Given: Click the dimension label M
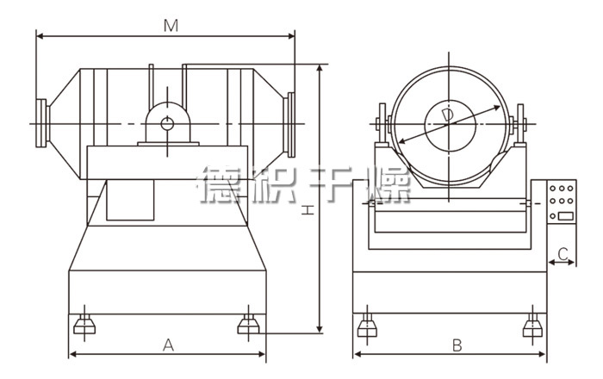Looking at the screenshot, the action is click(171, 26).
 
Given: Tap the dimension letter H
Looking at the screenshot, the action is click(308, 210).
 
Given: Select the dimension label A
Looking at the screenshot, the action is click(169, 345).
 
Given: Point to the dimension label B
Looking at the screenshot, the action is click(457, 345).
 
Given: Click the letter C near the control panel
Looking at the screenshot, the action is click(563, 254).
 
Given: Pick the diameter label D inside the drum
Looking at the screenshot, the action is click(447, 115).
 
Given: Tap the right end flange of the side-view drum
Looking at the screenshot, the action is click(289, 125).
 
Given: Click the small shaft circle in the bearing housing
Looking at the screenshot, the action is click(167, 124).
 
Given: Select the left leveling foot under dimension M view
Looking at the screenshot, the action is click(84, 324).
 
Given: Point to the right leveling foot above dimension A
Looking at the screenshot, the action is click(248, 324).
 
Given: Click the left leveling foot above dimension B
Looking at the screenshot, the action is click(367, 326).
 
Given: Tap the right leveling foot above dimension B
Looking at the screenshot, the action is click(532, 326).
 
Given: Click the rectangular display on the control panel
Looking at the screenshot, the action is click(565, 216).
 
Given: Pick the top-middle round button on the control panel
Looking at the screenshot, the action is click(562, 189).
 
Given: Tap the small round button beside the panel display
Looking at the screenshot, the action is click(553, 216).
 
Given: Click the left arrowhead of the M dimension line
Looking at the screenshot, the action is click(39, 36).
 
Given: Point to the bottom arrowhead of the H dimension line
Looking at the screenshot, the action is click(320, 330).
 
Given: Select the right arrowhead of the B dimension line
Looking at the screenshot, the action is click(543, 354).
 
